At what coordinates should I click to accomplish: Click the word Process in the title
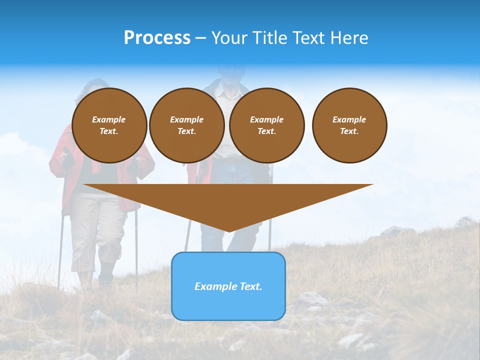[x=157, y=38]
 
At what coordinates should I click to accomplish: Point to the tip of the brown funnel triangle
[x=228, y=230]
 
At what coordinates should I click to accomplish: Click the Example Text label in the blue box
[x=228, y=286]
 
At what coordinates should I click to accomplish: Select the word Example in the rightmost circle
[x=349, y=119]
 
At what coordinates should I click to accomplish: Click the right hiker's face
[x=230, y=75]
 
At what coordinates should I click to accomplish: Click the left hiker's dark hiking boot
[x=105, y=278]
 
